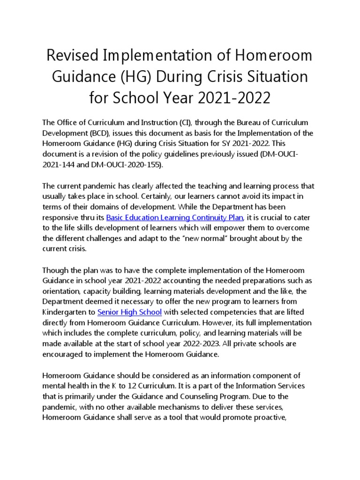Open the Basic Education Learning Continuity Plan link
tap(174, 217)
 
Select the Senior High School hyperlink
tap(129, 312)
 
